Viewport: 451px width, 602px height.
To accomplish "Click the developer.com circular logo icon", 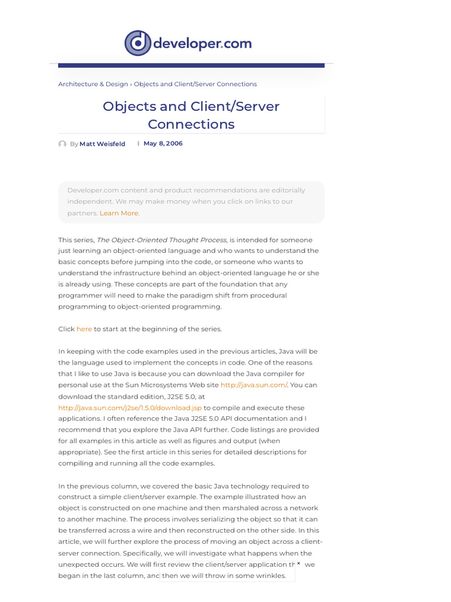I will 138,44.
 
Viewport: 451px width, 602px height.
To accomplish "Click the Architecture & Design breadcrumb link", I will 93,84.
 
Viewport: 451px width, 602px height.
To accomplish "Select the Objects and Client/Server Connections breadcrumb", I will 195,84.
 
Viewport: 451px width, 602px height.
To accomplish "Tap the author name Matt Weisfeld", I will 102,144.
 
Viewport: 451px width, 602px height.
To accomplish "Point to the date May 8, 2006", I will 163,143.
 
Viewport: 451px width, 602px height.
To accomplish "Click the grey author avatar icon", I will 62,144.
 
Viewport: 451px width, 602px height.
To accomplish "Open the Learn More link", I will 119,213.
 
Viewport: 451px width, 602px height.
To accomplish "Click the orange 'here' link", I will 84,329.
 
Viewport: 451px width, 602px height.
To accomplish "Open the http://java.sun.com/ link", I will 254,385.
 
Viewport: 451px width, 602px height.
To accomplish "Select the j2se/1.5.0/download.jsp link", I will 130,407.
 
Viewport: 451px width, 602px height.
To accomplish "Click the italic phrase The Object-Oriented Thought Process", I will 161,240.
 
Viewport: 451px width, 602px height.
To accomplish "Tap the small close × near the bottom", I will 298,563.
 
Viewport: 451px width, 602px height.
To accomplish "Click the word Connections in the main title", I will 191,124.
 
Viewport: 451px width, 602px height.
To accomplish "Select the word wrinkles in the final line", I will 270,576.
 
